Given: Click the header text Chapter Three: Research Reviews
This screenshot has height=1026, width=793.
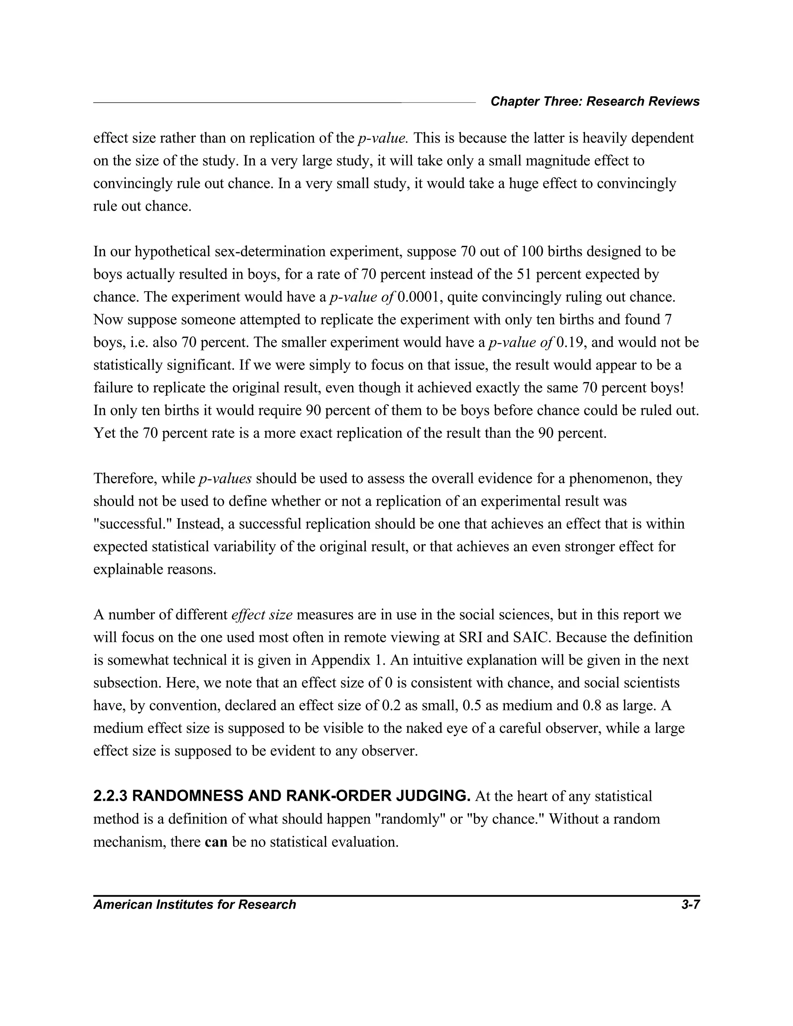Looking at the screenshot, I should click(x=595, y=101).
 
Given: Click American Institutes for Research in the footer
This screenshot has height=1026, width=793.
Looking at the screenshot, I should click(x=194, y=904).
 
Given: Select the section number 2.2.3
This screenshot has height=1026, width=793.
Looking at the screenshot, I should click(x=110, y=796).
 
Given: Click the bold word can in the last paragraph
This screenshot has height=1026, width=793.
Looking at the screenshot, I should click(x=216, y=841).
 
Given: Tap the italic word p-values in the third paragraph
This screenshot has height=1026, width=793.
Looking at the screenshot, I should click(x=225, y=479).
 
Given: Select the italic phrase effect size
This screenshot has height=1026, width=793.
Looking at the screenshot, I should click(x=262, y=615).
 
